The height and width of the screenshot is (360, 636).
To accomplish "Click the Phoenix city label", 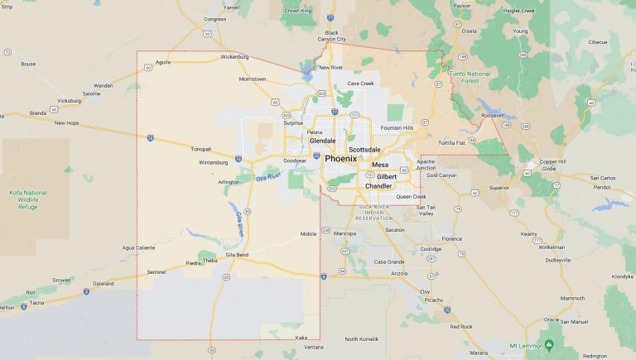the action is (340, 158).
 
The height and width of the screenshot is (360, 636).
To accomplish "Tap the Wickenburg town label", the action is (234, 57).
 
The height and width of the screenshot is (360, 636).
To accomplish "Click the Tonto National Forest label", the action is (470, 77).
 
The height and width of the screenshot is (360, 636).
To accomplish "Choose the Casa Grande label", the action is (388, 262).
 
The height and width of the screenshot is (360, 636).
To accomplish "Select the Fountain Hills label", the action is (397, 127).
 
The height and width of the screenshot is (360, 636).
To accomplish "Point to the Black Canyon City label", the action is (331, 36).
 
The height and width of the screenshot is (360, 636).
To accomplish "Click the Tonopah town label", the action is (201, 149).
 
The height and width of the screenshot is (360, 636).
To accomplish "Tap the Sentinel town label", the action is (156, 271).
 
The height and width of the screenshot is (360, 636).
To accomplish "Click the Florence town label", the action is (451, 238).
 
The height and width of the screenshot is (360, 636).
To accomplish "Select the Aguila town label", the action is (162, 61).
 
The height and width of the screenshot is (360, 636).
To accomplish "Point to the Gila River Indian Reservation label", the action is (382, 212).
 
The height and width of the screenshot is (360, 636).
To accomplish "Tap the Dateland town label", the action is (104, 283).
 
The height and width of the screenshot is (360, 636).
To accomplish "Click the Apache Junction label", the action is (426, 165).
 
